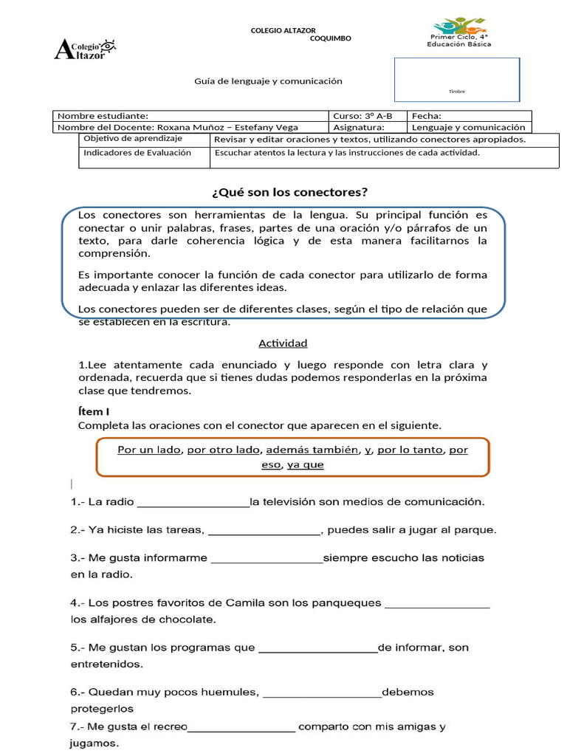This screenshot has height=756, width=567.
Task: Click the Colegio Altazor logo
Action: (86, 49)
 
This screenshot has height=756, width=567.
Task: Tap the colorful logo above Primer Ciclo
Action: (458, 25)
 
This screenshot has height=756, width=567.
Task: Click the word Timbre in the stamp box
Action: (457, 92)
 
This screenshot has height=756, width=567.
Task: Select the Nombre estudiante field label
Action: (103, 116)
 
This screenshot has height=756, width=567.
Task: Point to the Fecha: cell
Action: (427, 116)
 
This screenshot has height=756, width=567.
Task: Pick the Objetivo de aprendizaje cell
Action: (134, 139)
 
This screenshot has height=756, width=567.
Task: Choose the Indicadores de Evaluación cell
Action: (137, 153)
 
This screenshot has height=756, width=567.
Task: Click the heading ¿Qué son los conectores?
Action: (289, 193)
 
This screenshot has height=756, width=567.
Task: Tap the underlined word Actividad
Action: (283, 343)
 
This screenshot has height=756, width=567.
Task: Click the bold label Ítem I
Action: (94, 411)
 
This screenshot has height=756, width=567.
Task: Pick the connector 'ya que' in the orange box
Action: (305, 464)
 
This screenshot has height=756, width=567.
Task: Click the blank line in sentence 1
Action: (193, 503)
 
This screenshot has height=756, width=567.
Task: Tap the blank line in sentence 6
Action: (322, 693)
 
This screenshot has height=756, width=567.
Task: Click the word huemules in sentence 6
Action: (228, 693)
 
